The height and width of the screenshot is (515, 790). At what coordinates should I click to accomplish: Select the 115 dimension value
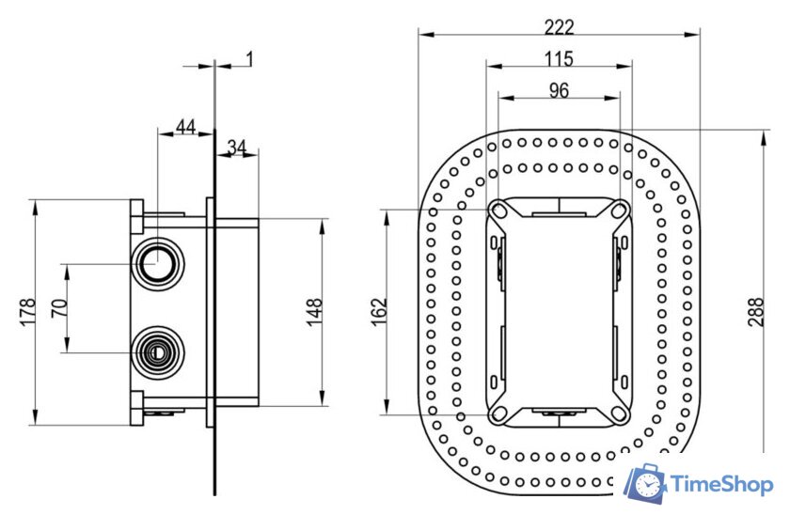click(x=560, y=58)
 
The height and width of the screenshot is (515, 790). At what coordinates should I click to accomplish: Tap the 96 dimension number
click(x=560, y=90)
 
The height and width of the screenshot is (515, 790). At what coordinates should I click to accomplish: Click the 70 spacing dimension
click(x=58, y=308)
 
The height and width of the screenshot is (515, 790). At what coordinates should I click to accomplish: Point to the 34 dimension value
click(x=237, y=147)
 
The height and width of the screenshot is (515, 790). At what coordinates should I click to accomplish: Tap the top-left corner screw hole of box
click(x=499, y=211)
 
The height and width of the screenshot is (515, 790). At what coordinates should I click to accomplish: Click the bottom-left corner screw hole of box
click(x=499, y=412)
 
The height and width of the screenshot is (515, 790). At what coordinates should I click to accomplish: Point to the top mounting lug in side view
click(x=137, y=216)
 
